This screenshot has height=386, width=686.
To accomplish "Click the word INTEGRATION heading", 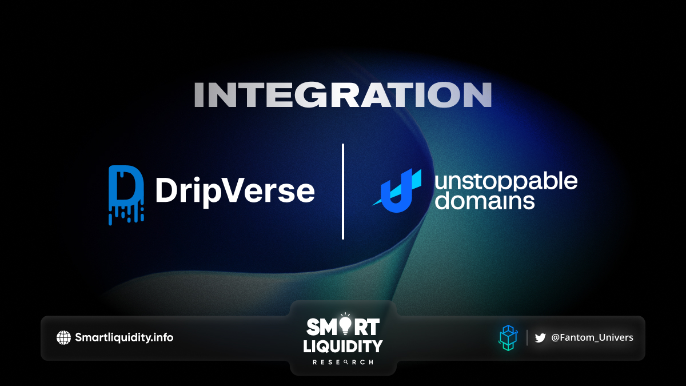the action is pos(343,95).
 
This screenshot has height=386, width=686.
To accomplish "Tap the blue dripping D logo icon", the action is pos(126,195).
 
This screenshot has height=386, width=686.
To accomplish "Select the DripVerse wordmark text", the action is pos(235,191).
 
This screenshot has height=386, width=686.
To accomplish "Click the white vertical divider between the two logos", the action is pos(343,192).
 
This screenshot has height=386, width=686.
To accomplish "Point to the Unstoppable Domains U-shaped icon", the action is pos(397,190).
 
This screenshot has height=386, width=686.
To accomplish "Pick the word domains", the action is pos(485,201).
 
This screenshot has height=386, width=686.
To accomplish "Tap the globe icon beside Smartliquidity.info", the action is pos(63,337).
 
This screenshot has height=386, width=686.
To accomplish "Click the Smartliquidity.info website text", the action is pos(124,337).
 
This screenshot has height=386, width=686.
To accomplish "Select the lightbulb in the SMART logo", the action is pos(345,325).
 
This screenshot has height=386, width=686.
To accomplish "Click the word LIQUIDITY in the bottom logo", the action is pos(343,346).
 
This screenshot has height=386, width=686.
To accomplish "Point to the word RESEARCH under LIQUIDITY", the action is pos(343,362).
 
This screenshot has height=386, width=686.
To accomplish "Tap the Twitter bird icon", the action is pos(540,338).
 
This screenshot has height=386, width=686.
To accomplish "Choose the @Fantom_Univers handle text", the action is pos(592,337).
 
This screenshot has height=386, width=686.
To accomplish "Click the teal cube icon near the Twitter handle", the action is pos(508,338).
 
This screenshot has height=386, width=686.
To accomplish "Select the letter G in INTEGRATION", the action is pos(311,95).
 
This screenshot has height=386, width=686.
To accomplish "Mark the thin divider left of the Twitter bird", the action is pos(527,337).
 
